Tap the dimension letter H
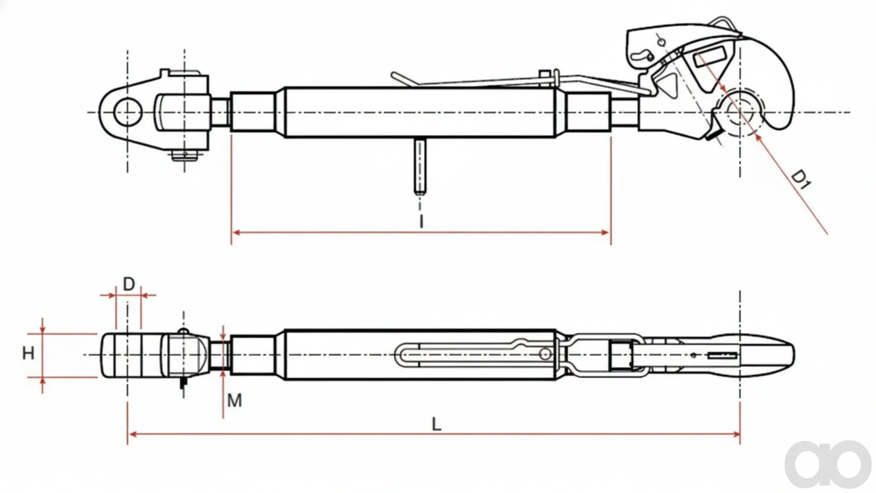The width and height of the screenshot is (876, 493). (28, 353)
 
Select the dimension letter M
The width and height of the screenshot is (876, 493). (235, 400)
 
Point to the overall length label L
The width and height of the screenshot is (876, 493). (436, 424)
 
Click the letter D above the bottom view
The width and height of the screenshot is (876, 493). (129, 284)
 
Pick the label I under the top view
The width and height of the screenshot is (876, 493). (421, 221)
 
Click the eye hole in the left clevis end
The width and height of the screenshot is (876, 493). (128, 112)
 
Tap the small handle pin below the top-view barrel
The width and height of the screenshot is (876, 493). (420, 166)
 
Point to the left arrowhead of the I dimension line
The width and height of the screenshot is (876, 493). (236, 233)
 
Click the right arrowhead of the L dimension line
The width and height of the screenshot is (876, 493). (735, 434)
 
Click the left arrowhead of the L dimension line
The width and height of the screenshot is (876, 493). (132, 434)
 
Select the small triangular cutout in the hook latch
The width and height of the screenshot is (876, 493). (667, 85)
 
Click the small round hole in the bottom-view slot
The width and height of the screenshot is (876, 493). (545, 354)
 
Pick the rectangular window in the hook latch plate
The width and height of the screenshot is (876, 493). (709, 57)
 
